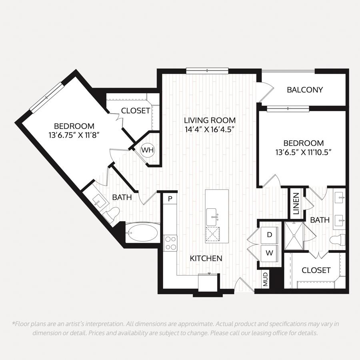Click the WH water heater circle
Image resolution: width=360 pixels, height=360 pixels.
point(147,150)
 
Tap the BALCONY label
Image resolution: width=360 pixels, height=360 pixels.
point(305,90)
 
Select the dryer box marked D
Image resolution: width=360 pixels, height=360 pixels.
point(270,235)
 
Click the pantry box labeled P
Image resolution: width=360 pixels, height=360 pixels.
point(170,198)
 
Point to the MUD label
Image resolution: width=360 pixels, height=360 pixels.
point(266,280)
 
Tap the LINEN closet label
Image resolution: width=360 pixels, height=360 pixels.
point(296,204)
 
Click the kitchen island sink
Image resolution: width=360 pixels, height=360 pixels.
point(212,217)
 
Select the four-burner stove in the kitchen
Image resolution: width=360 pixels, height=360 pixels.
point(170,243)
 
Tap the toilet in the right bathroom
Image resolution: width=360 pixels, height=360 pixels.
point(338,240)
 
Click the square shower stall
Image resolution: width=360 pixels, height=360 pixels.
point(294,236)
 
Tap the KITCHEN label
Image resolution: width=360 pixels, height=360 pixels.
point(206,258)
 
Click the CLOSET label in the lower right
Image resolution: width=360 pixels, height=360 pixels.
point(316,270)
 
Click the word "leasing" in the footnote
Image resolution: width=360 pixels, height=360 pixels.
point(252,333)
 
